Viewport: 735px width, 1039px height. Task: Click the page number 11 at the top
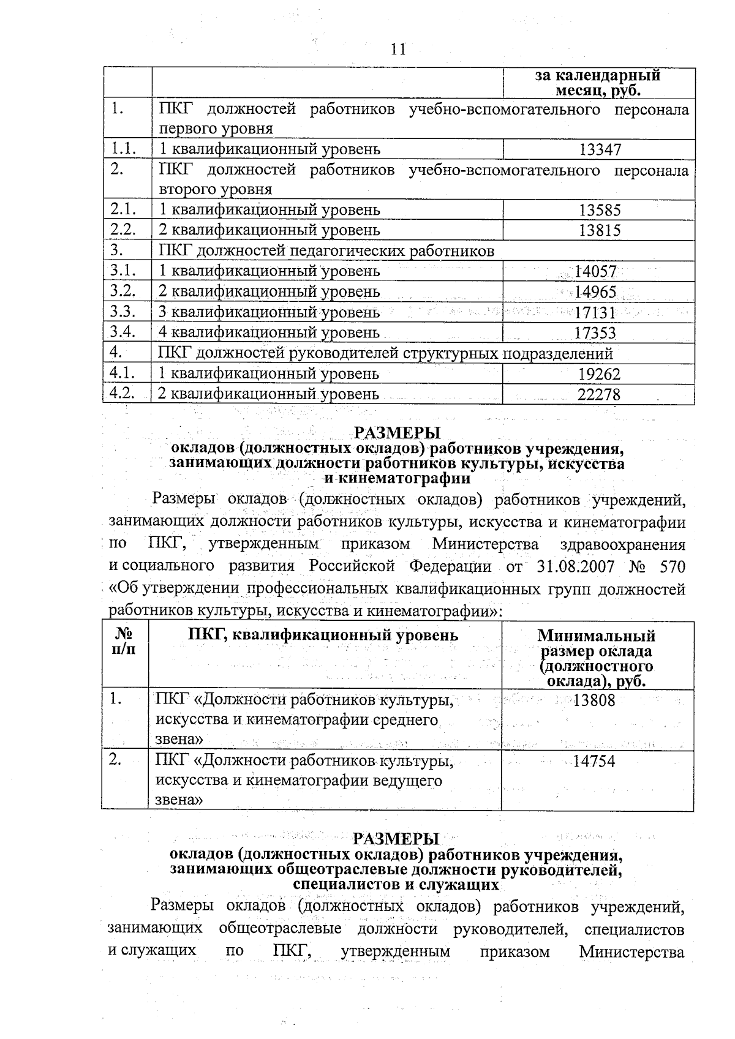pyautogui.click(x=398, y=50)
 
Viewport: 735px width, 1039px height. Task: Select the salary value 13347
pyautogui.click(x=600, y=149)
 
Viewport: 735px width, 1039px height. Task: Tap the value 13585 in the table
pyautogui.click(x=600, y=210)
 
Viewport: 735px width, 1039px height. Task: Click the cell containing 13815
pyautogui.click(x=600, y=230)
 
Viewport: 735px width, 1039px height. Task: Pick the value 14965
pyautogui.click(x=595, y=292)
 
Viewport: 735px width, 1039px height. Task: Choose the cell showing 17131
pyautogui.click(x=595, y=312)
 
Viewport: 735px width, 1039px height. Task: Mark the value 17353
pyautogui.click(x=595, y=333)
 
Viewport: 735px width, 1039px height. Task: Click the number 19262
pyautogui.click(x=599, y=374)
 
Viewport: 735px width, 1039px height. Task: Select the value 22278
pyautogui.click(x=599, y=395)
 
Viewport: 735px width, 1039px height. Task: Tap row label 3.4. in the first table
pyautogui.click(x=123, y=332)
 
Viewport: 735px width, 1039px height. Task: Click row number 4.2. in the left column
pyautogui.click(x=123, y=393)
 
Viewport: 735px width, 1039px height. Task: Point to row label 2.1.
pyautogui.click(x=123, y=209)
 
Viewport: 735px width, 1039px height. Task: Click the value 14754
pyautogui.click(x=594, y=761)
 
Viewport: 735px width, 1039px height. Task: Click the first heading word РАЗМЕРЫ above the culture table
pyautogui.click(x=398, y=432)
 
